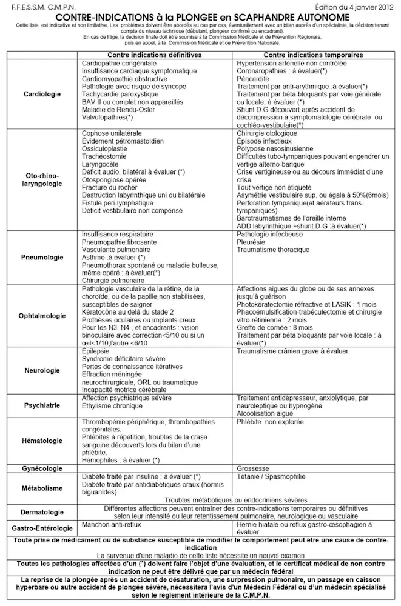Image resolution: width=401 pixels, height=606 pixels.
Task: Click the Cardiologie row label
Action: coord(42,95)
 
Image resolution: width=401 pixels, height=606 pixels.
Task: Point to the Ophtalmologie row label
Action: coord(42,315)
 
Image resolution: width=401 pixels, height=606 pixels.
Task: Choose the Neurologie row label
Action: coord(42,370)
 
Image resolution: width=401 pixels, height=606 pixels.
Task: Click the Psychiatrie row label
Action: coord(42,405)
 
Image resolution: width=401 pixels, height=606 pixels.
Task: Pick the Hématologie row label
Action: coord(42,441)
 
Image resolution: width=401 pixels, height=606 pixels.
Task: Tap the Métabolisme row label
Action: coord(42,487)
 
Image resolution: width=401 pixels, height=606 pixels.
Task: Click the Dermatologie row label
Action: coord(42,512)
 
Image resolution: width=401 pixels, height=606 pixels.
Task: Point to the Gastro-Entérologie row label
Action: coord(42,528)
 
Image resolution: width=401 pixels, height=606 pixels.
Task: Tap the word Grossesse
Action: coord(254,469)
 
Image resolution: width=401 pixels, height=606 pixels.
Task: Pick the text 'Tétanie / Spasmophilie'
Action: coord(270,476)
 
